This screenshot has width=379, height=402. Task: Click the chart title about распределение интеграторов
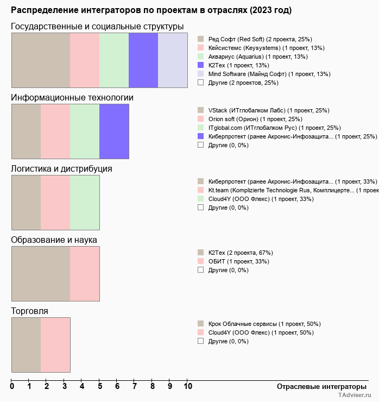tap(151, 10)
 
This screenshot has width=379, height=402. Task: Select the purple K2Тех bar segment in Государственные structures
tap(143, 60)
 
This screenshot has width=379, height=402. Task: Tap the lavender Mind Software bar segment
tap(173, 60)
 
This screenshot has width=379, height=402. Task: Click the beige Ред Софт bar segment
tap(41, 60)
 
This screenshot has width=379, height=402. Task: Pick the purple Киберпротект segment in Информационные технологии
tap(114, 131)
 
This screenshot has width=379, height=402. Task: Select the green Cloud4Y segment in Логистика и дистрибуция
tap(85, 202)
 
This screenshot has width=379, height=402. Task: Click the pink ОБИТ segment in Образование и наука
tap(85, 273)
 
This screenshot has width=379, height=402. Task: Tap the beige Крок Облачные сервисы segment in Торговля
tap(26, 344)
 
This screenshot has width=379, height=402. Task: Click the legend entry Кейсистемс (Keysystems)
tap(266, 48)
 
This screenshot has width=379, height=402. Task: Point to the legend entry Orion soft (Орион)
tap(255, 119)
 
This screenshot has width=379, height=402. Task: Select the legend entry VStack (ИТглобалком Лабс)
tap(269, 110)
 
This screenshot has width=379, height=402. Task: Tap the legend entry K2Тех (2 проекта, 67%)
tap(241, 253)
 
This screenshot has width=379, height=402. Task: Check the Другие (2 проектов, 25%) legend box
tap(201, 83)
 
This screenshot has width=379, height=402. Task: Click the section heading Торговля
tap(29, 311)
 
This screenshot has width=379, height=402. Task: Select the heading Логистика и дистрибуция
tap(61, 168)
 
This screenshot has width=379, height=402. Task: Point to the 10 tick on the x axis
tap(188, 387)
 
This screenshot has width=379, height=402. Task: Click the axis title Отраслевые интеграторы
tap(318, 387)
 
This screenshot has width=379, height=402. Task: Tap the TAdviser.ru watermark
tap(355, 396)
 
